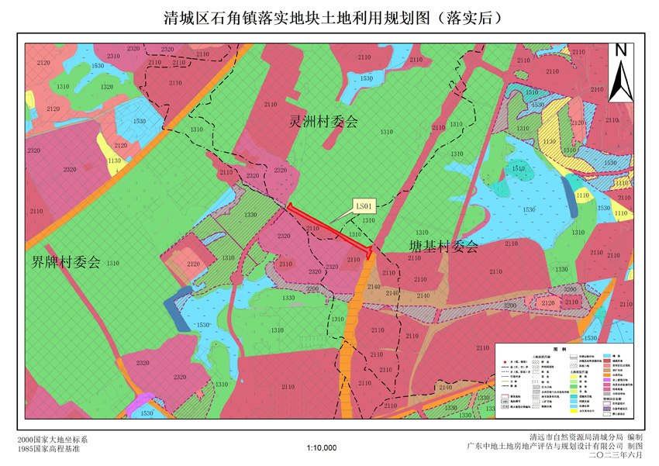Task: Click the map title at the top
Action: point(329,17)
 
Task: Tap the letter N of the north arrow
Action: point(620,50)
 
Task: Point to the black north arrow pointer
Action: point(620,78)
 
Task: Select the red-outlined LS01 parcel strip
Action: point(329,228)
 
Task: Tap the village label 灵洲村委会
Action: point(323,122)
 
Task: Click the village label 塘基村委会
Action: point(443,247)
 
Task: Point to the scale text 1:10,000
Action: point(321,448)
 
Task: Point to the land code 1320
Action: point(107,87)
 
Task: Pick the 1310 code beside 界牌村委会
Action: point(112,264)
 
